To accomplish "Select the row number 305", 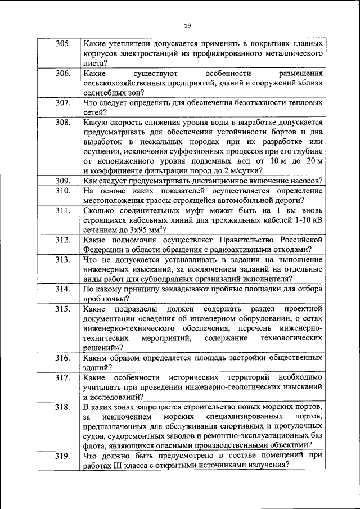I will pyautogui.click(x=63, y=43).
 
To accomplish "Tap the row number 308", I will pyautogui.click(x=63, y=121).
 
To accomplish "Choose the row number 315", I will pyautogui.click(x=63, y=309).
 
